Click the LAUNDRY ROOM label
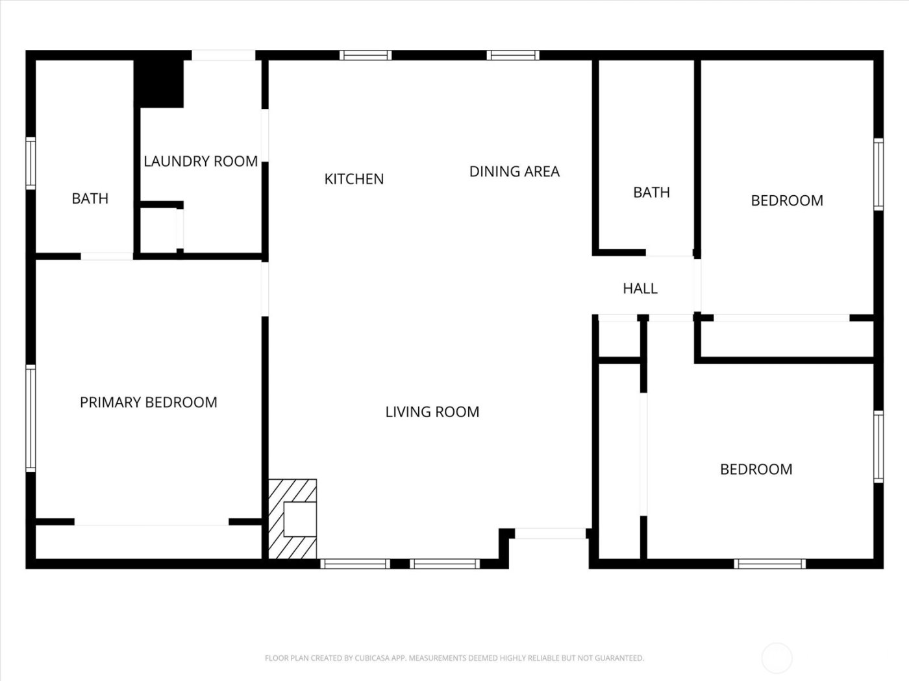click(201, 161)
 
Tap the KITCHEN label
click(354, 179)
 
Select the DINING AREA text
click(514, 172)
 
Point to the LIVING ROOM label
click(432, 412)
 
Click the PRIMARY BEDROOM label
click(148, 403)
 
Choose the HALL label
click(640, 289)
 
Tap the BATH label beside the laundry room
click(90, 198)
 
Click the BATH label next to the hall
click(651, 193)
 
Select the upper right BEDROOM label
click(787, 201)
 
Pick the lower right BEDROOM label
click(756, 470)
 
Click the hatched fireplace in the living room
click(293, 518)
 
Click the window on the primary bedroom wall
click(31, 418)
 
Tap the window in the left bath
click(31, 163)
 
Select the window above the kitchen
click(366, 55)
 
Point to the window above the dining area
click(513, 55)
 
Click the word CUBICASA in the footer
click(373, 658)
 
